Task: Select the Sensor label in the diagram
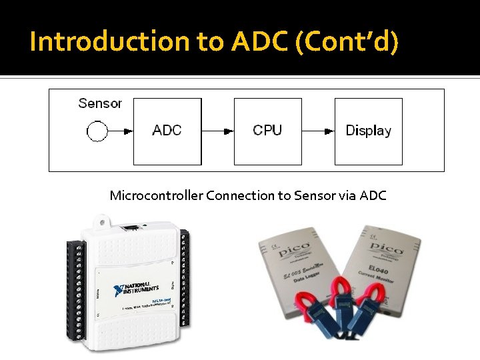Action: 100,103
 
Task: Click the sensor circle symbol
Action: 97,131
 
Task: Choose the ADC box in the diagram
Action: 167,131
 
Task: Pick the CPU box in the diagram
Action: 267,131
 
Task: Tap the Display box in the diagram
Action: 368,131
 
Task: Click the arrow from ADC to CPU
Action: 217,131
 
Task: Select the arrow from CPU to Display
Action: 318,131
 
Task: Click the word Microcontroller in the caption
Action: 157,195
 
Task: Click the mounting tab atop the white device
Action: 102,221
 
